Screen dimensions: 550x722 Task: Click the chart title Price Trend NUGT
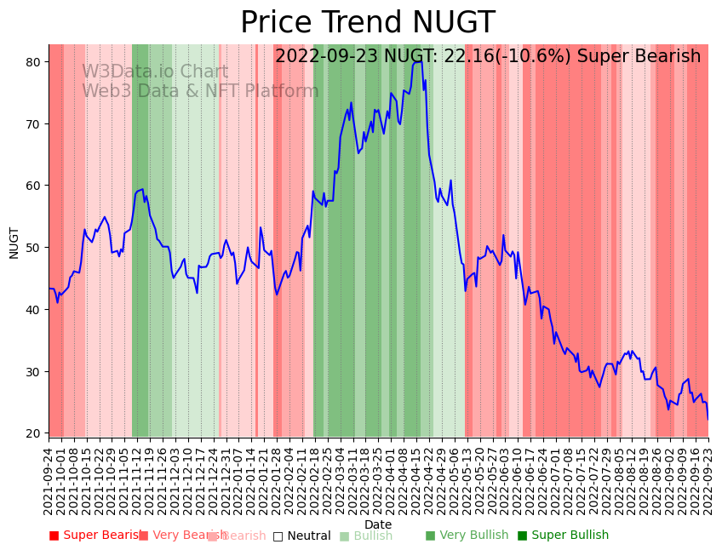(367, 23)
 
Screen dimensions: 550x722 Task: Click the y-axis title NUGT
(14, 243)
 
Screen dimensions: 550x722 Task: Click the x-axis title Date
(378, 525)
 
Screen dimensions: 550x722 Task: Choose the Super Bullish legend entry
(563, 536)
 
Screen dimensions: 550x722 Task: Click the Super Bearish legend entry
(95, 536)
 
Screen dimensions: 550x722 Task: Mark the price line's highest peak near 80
(419, 61)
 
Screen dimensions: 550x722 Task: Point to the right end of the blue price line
(708, 418)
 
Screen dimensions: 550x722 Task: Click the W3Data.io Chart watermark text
(155, 72)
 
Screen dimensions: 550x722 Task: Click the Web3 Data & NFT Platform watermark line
(200, 91)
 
